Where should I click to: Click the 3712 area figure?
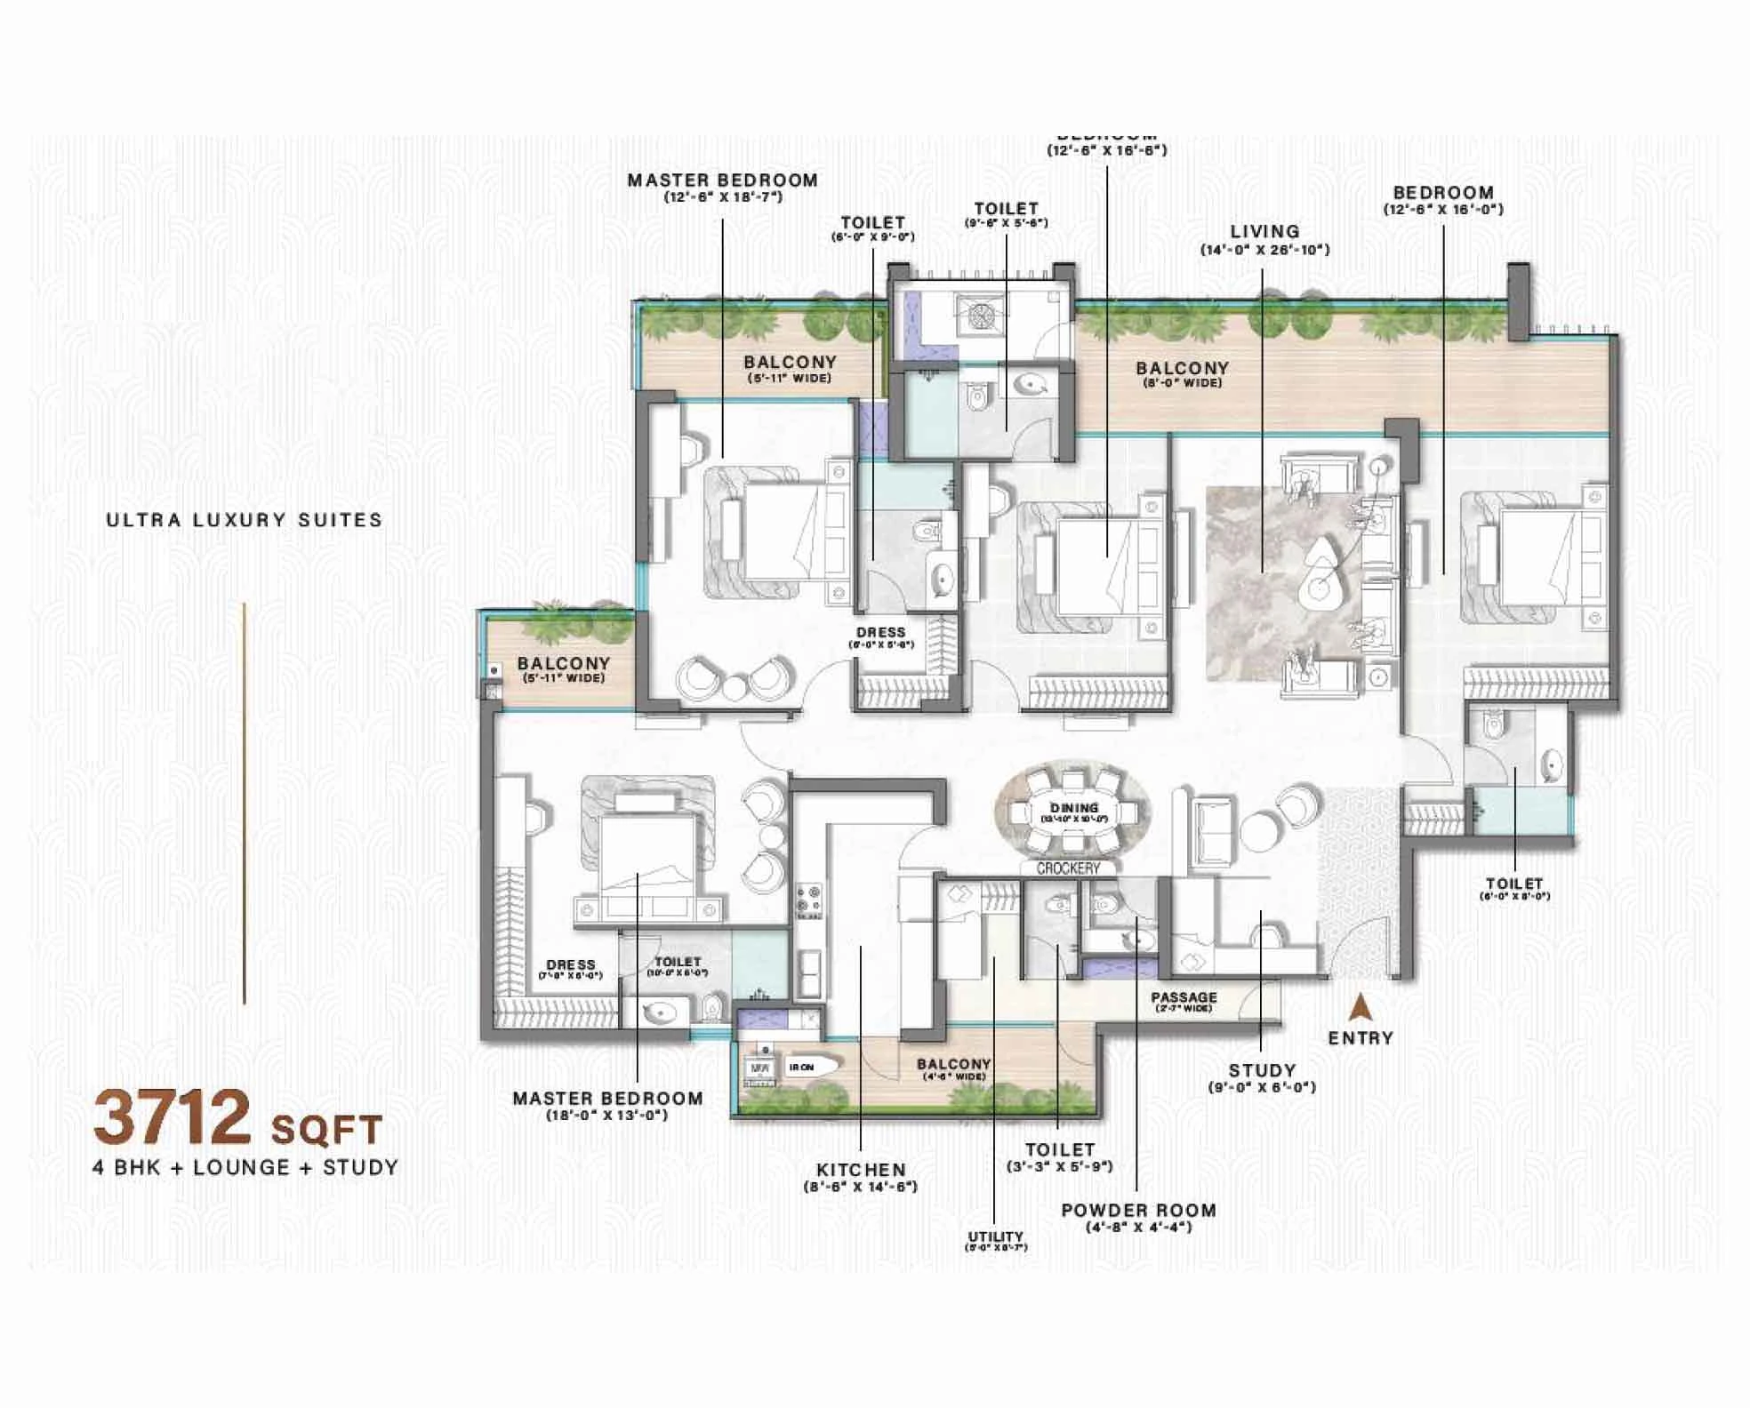pos(173,1118)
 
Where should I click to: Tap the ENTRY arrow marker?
pos(1359,1008)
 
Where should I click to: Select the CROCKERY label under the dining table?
pos(1068,868)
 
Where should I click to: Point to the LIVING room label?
pos(1264,232)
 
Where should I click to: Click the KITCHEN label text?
pos(861,1171)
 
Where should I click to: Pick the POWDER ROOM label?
pos(1138,1210)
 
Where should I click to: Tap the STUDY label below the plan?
pos(1261,1071)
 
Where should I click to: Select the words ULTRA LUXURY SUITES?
pos(245,520)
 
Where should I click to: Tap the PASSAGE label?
pos(1183,998)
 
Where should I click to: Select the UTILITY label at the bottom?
pos(995,1236)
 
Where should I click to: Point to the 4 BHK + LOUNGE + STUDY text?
pos(245,1167)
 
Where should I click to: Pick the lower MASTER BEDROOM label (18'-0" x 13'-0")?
pos(607,1099)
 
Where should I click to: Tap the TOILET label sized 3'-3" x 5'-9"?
pos(1059,1150)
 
